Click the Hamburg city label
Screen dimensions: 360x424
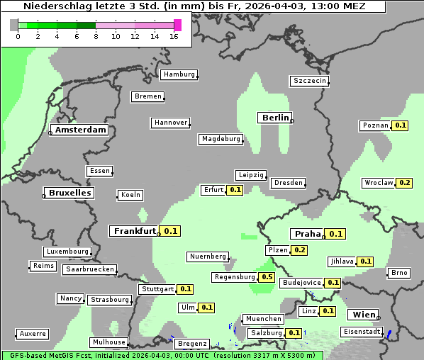(179, 74)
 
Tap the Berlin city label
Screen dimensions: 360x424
(275, 118)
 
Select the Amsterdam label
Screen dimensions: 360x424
(81, 130)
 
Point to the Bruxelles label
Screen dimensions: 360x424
(69, 193)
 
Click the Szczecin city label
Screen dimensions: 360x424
(310, 81)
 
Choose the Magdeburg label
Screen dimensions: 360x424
(221, 139)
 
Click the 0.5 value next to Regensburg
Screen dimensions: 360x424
(267, 277)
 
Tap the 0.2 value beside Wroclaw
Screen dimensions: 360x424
(405, 182)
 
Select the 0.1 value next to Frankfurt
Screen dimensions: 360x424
(171, 231)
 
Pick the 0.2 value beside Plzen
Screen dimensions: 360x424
(300, 250)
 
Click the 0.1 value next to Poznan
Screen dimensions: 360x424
(401, 125)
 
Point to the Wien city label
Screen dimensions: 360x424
(362, 315)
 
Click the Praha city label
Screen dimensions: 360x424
(307, 234)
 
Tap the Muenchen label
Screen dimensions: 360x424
(263, 319)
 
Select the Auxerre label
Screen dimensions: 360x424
(33, 333)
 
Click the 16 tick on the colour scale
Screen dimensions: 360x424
(174, 36)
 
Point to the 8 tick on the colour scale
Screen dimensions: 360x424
(96, 36)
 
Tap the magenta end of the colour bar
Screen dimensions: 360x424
(177, 25)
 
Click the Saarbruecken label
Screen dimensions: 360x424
(89, 269)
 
